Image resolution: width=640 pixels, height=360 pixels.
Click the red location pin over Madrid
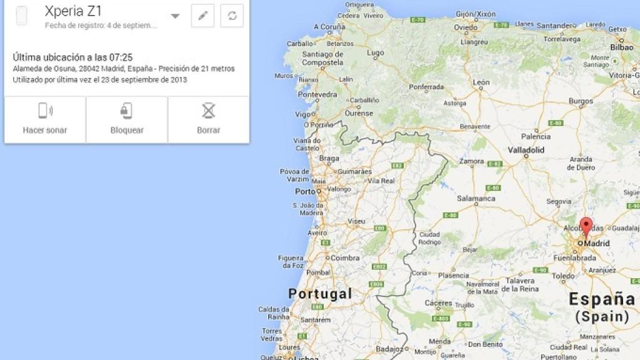586,226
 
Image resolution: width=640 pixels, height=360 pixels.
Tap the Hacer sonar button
45,119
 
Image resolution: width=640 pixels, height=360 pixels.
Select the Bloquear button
127,119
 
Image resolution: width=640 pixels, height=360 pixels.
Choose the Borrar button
208,119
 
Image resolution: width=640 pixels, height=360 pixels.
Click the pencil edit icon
202,16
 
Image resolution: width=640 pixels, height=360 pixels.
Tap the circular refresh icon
232,16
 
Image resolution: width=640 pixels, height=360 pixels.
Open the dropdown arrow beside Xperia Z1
175,16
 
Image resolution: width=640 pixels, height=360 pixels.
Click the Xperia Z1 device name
73,11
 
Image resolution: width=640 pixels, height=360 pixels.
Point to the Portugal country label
320,293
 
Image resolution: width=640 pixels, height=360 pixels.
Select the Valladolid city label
526,150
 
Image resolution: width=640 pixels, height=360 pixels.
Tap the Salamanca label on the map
476,198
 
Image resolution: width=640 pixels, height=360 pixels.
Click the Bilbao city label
621,47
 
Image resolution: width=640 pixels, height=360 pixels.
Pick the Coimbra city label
344,257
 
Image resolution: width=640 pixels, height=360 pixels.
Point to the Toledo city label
564,275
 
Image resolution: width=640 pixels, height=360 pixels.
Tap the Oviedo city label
466,27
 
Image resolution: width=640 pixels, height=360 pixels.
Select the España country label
601,299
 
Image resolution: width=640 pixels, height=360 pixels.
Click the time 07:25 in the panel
121,57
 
